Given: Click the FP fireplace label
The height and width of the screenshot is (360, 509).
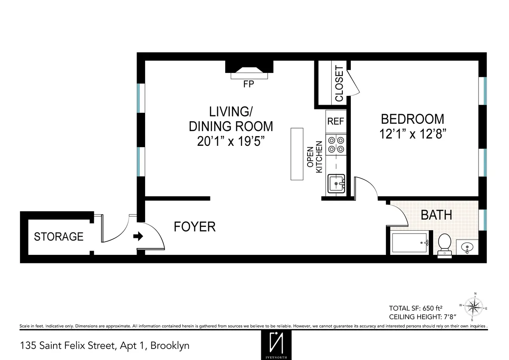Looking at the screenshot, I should pyautogui.click(x=249, y=84).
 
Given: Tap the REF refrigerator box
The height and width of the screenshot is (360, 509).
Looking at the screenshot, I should pyautogui.click(x=336, y=121).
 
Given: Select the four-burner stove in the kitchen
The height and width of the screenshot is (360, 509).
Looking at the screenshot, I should pyautogui.click(x=336, y=144).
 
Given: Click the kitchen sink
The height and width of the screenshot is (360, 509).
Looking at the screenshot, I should pyautogui.click(x=336, y=184).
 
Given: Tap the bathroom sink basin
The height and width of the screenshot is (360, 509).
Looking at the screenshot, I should pyautogui.click(x=467, y=247).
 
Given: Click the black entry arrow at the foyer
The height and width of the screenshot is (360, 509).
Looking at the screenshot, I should pyautogui.click(x=138, y=237).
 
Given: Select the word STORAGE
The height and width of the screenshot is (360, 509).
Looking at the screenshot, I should pyautogui.click(x=59, y=237).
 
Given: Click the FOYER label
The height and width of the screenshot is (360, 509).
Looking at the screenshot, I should pyautogui.click(x=195, y=227).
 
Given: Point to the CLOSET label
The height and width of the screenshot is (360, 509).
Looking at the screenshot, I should pyautogui.click(x=339, y=84).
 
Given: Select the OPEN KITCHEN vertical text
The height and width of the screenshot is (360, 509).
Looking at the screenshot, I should pyautogui.click(x=315, y=159).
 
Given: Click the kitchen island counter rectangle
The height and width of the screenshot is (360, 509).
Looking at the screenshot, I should pyautogui.click(x=297, y=154).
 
